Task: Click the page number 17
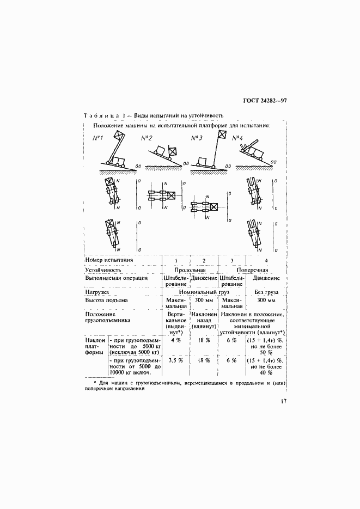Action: coord(283,402)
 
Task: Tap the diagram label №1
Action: coord(99,138)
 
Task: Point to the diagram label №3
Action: coord(197,138)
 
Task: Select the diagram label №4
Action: coord(239,138)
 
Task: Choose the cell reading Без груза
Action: coord(266,292)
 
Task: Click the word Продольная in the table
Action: coord(190,269)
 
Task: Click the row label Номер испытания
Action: coord(109,260)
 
